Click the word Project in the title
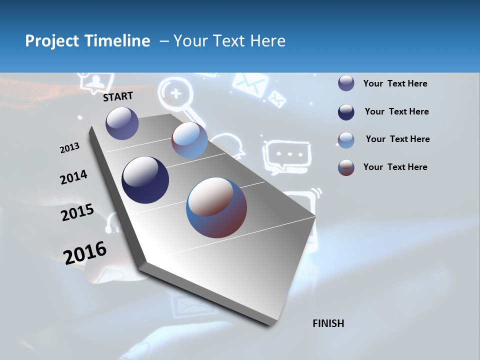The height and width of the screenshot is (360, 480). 51,41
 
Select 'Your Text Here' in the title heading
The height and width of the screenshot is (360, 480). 229,41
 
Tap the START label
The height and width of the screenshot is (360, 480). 118,96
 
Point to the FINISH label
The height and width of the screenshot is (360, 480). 328,323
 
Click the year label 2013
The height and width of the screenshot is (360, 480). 69,148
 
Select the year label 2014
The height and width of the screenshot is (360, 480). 73,177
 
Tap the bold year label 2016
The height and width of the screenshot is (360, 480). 85,252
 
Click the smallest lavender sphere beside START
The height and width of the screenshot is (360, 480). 122,123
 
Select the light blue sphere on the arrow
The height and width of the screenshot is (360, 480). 189,140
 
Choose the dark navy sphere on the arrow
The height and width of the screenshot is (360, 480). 145,180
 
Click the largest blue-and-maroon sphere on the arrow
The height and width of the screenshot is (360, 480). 216,207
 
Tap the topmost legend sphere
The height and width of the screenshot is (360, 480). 346,83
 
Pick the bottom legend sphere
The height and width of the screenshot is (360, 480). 346,167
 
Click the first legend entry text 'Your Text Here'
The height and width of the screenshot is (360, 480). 395,83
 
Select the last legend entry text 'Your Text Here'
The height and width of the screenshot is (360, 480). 395,167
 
